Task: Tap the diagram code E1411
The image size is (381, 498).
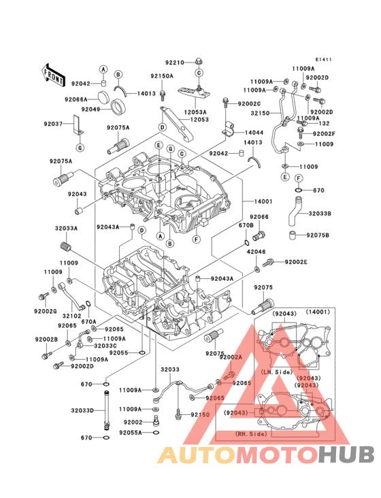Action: [x=323, y=60]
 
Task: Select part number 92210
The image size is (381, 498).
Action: [x=175, y=61]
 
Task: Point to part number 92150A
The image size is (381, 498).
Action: [x=162, y=76]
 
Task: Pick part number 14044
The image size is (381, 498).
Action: [x=254, y=132]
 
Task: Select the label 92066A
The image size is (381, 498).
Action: [x=77, y=99]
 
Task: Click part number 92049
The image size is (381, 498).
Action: [x=91, y=109]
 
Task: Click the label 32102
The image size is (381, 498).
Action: [x=71, y=316]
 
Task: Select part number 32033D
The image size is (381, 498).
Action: [x=84, y=410]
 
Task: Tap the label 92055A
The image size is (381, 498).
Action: [x=131, y=432]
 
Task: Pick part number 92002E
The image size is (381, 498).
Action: [x=296, y=262]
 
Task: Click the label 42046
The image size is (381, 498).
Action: [x=256, y=252]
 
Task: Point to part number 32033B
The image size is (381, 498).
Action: [x=320, y=214]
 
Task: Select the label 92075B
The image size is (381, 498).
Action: [x=318, y=235]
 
